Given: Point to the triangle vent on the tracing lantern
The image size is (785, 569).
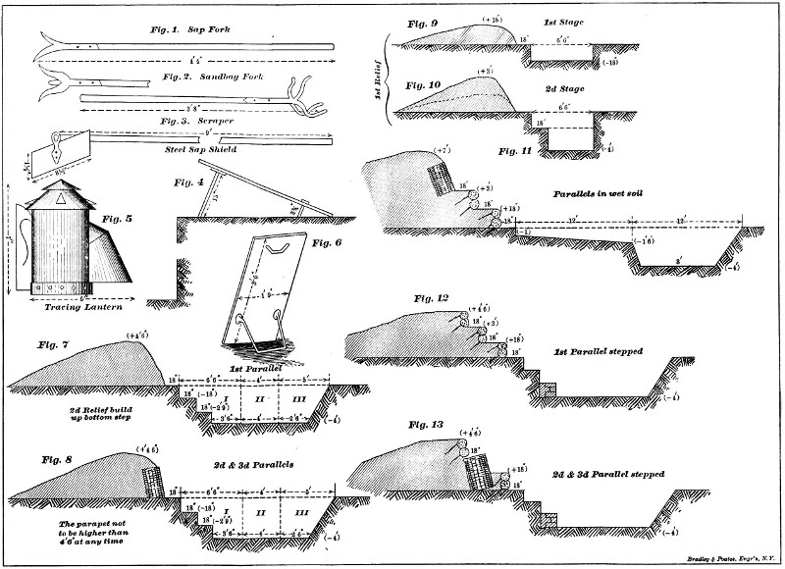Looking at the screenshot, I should (x=61, y=197).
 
